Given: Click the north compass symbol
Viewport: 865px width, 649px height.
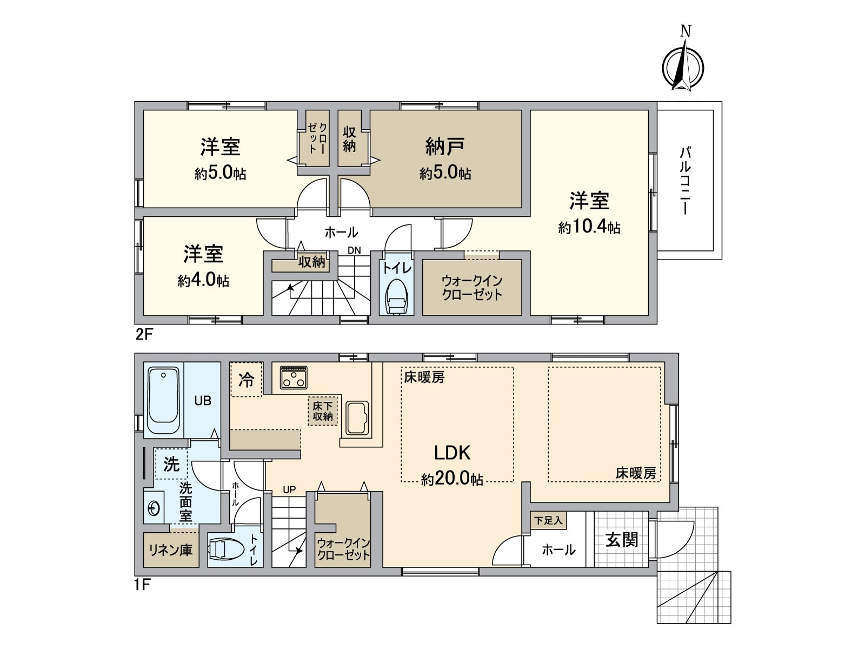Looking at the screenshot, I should (x=683, y=68).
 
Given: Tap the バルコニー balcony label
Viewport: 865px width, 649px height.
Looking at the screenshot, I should (x=685, y=180).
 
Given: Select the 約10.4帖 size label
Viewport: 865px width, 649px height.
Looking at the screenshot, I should (x=589, y=227).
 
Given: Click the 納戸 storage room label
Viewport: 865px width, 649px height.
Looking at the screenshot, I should (x=445, y=146).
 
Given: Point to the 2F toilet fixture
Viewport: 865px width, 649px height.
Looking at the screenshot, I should (x=397, y=296).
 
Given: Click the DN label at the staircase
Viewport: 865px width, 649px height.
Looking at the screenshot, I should (x=354, y=250).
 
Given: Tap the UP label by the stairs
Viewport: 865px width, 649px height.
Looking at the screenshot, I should (x=289, y=489).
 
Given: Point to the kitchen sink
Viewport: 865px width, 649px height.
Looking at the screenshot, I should (x=357, y=418).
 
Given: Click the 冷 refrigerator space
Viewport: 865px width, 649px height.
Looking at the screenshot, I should (x=247, y=380).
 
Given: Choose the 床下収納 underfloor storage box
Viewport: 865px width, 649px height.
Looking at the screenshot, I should (x=323, y=411).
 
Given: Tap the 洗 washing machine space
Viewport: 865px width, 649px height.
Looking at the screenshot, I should (x=171, y=463).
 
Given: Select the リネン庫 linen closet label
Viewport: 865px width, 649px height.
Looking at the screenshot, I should (x=170, y=550).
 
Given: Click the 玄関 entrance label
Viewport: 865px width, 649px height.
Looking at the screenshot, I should (x=622, y=539).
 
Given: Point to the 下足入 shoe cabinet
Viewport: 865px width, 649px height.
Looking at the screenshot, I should (x=548, y=520).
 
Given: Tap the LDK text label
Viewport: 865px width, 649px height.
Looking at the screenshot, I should (x=452, y=453).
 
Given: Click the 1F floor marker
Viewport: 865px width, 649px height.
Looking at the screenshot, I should (x=142, y=585).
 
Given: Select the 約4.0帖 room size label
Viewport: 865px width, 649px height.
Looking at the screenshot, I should (x=203, y=281).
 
